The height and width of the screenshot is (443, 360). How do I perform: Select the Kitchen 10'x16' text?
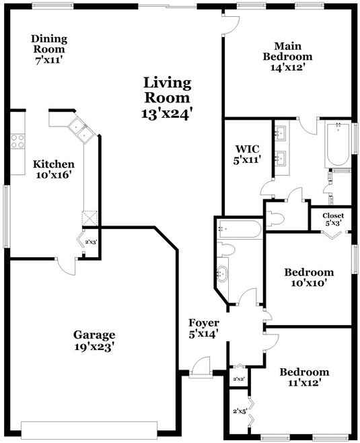[x=53, y=169]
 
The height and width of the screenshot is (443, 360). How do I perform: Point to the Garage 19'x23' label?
[x=94, y=341]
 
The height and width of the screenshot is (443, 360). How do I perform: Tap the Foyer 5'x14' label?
[x=204, y=328]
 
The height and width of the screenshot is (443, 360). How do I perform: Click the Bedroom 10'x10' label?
[x=309, y=277]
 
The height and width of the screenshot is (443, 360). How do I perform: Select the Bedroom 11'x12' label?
[x=304, y=377]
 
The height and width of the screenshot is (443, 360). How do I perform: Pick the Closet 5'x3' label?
[x=332, y=219]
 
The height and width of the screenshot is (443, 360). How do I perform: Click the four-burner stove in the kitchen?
[x=17, y=141]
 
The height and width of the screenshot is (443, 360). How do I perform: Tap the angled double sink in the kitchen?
[x=79, y=129]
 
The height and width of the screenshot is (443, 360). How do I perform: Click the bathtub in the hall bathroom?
[x=239, y=230]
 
